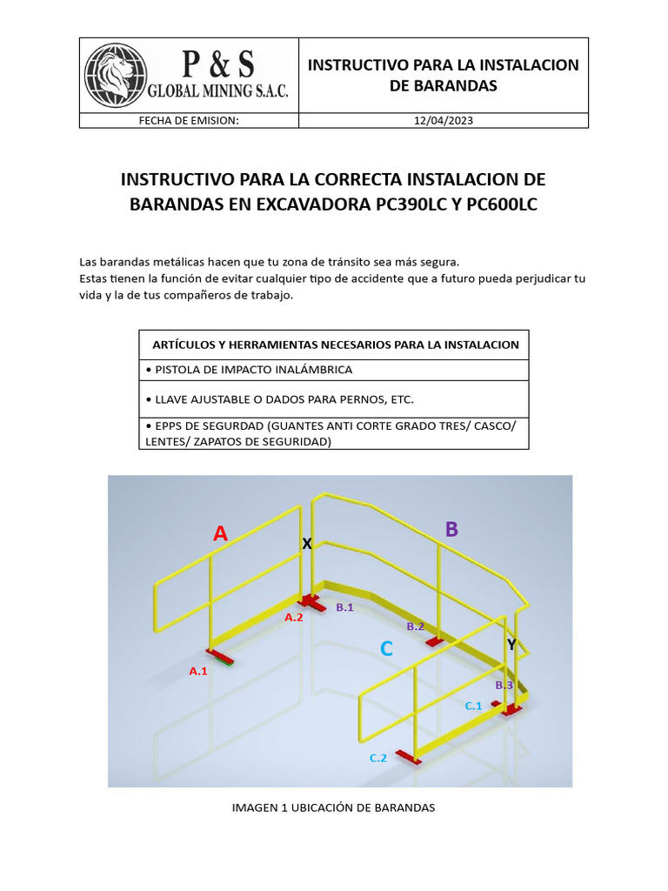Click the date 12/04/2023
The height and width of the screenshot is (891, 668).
coord(444,121)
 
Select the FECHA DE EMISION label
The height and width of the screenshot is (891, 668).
coord(189,121)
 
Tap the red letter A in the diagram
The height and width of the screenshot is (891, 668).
coord(221,534)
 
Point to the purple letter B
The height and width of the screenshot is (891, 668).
coord(451,529)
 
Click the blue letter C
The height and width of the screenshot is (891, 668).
coord(386,649)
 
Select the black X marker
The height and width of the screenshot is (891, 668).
coord(306,544)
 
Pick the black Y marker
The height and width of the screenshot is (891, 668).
coord(511,644)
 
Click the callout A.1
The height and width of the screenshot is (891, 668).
coord(198,671)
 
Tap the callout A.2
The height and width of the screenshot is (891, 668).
coord(294,617)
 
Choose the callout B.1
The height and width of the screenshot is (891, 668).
coord(344,607)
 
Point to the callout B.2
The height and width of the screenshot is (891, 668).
coord(415,626)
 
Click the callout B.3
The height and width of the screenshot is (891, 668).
coord(504,685)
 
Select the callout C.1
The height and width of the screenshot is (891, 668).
coord(473,706)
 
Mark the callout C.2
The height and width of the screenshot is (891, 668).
coord(377,758)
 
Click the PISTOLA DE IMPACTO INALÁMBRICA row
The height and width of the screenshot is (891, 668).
coord(333,370)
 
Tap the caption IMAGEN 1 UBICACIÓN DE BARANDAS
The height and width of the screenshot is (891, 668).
coord(333,807)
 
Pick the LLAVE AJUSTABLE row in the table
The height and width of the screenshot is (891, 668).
coord(333,399)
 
